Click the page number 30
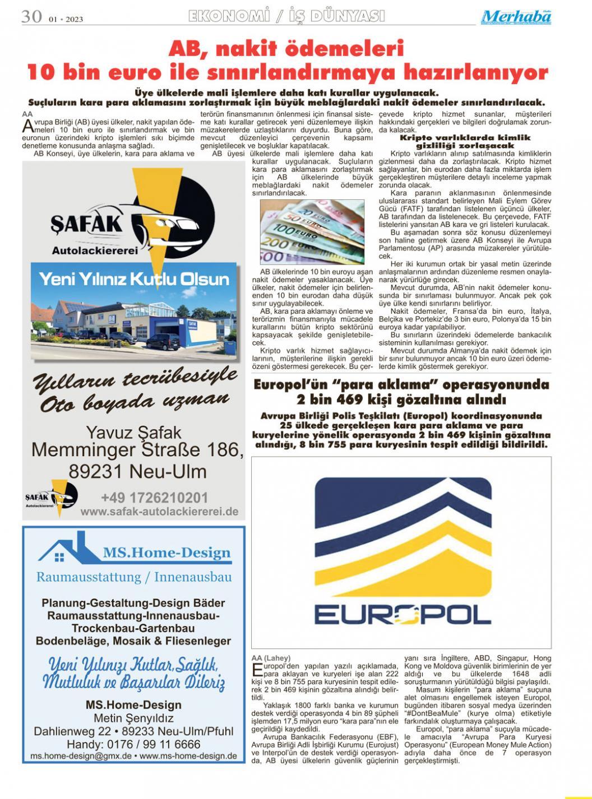coord(31,16)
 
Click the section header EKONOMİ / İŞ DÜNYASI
coord(287,16)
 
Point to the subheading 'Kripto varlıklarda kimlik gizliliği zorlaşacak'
coord(465,141)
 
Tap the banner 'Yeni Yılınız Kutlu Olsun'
coord(134,280)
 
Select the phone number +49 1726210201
coord(154,498)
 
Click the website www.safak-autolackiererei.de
coord(159,512)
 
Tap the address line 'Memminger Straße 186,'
coord(137,450)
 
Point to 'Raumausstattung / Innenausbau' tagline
coord(134,577)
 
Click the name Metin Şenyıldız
coord(133,718)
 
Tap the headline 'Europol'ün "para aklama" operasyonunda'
coord(401,385)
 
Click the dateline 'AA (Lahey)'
coord(271,658)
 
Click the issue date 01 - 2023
coord(66,19)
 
